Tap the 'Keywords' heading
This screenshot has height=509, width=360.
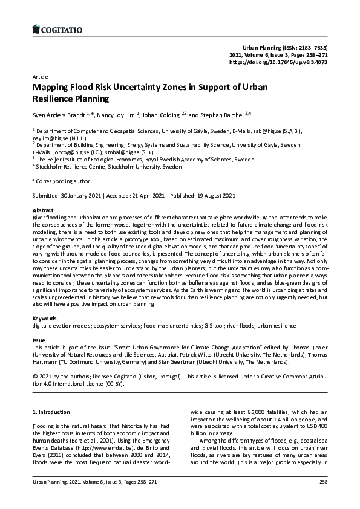pos(44,318)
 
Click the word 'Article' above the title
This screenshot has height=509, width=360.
pos(39,77)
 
